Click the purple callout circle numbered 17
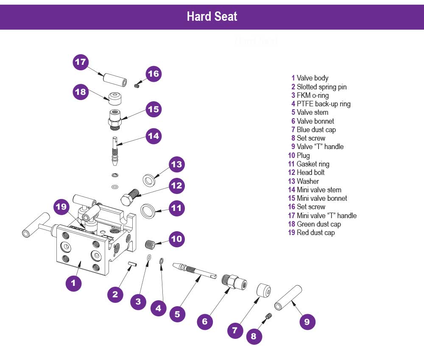point(81,62)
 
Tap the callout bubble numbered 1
point(73,282)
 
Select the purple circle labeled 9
point(307,321)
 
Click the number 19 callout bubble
point(62,207)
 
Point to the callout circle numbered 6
point(205,321)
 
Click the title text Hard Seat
point(212,17)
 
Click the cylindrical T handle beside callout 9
point(288,299)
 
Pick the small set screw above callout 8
point(268,315)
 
